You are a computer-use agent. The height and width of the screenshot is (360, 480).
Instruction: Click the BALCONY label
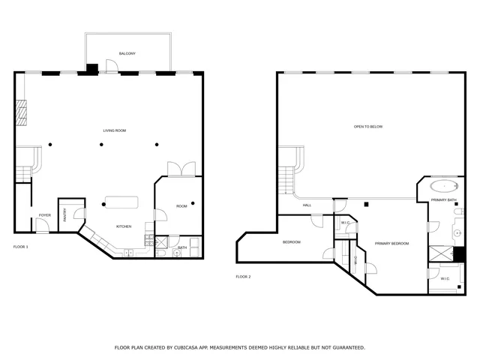tap(127, 53)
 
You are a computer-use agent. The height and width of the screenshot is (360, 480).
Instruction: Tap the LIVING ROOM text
tap(115, 130)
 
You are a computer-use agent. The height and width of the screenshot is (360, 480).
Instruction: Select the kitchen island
tap(121, 202)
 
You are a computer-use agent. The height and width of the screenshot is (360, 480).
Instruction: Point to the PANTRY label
tap(65, 214)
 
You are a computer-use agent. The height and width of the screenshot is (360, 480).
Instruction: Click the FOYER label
tap(45, 215)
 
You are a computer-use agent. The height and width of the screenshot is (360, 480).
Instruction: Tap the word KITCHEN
tap(124, 226)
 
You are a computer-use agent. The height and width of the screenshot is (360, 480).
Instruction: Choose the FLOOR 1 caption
tap(20, 247)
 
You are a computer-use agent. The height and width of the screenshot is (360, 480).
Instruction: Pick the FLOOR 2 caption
tap(243, 277)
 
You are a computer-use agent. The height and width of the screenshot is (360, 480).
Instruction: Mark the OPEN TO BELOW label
tap(368, 127)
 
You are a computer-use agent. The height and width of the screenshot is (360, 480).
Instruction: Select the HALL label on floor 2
tap(307, 205)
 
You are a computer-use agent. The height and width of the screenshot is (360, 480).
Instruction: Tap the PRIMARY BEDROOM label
tap(391, 243)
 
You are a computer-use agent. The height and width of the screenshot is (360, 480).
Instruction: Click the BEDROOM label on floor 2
tap(292, 241)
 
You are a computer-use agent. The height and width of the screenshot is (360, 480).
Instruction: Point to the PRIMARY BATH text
tap(444, 200)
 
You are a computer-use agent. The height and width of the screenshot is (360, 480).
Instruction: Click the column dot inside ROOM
tap(192, 202)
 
